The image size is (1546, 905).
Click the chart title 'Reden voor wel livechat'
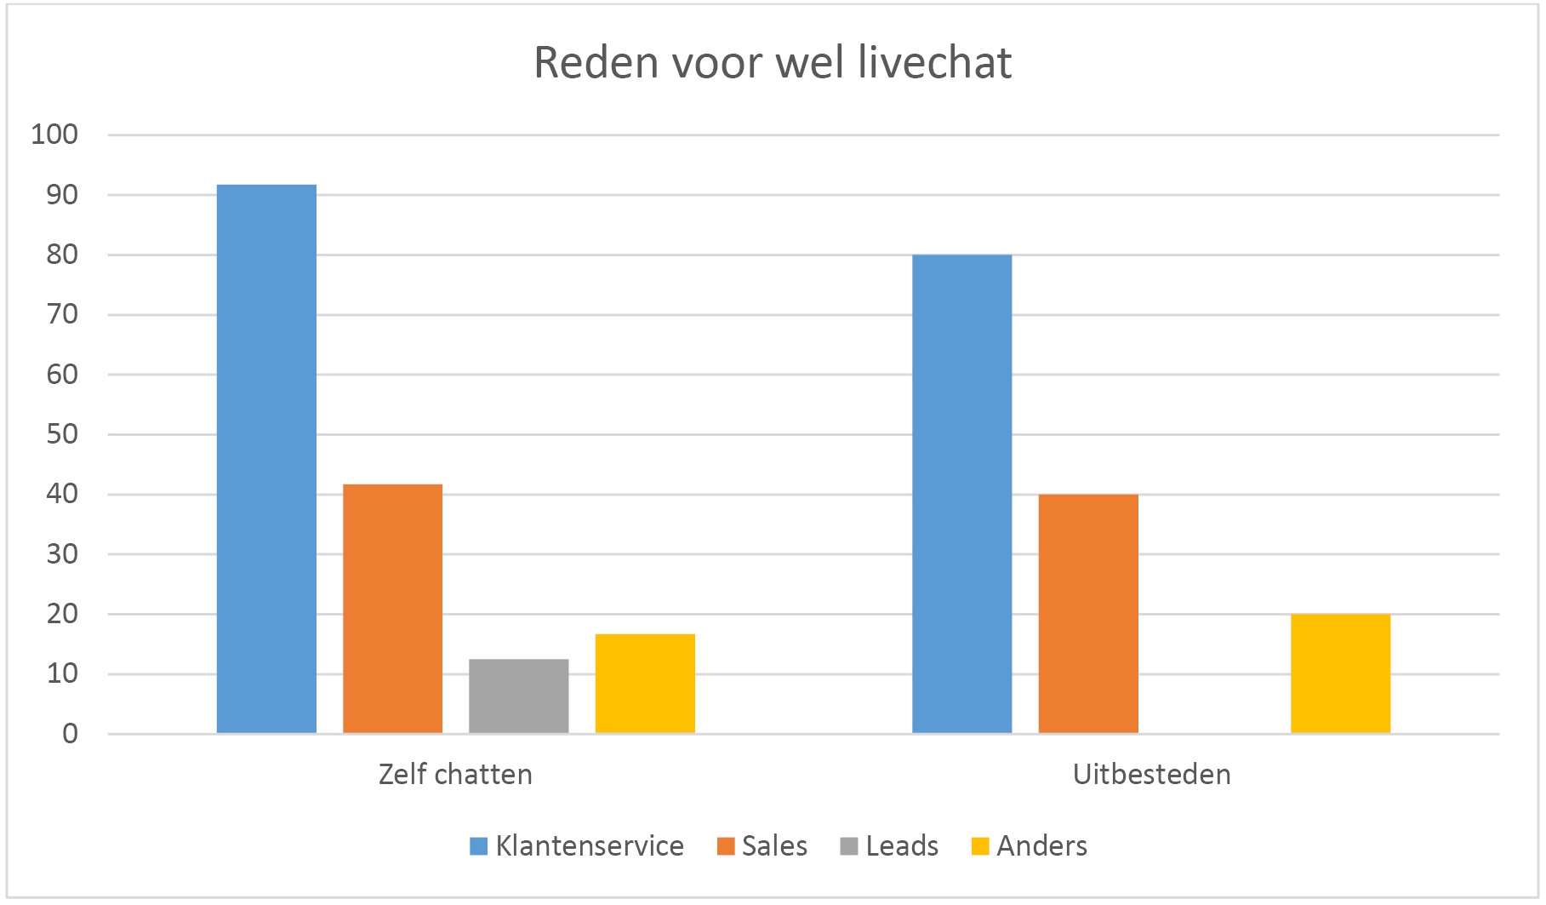(x=773, y=62)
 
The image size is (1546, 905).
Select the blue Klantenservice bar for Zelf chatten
(x=266, y=459)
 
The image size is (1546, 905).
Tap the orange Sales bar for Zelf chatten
(x=392, y=609)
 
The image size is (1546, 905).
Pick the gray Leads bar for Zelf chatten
(x=519, y=696)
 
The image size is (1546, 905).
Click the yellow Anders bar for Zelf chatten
(x=645, y=684)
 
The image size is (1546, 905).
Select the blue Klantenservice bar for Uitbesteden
(x=962, y=494)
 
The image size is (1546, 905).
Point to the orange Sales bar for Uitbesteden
(x=1088, y=614)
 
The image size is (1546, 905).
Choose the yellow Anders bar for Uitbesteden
(x=1341, y=673)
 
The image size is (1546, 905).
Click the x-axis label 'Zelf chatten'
(x=456, y=774)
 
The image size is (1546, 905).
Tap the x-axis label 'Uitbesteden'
(x=1151, y=774)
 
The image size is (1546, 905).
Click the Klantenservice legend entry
(x=577, y=846)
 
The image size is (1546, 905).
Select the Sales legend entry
(x=762, y=846)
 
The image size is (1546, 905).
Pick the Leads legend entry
(x=889, y=846)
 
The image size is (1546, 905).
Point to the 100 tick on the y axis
(x=54, y=135)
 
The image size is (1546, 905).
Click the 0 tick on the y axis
(x=70, y=734)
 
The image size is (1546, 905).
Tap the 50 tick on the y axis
(x=62, y=434)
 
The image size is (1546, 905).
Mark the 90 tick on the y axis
(x=62, y=195)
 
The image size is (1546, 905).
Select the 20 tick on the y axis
(x=62, y=614)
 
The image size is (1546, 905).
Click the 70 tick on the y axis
(x=62, y=314)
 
